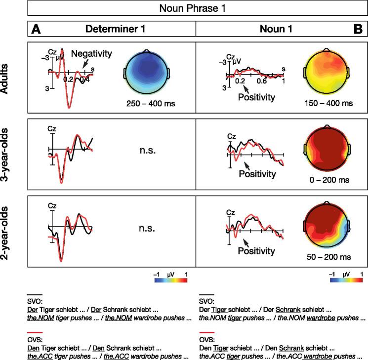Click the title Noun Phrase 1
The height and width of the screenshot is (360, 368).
click(x=197, y=9)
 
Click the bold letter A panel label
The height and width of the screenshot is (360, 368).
click(x=35, y=30)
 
